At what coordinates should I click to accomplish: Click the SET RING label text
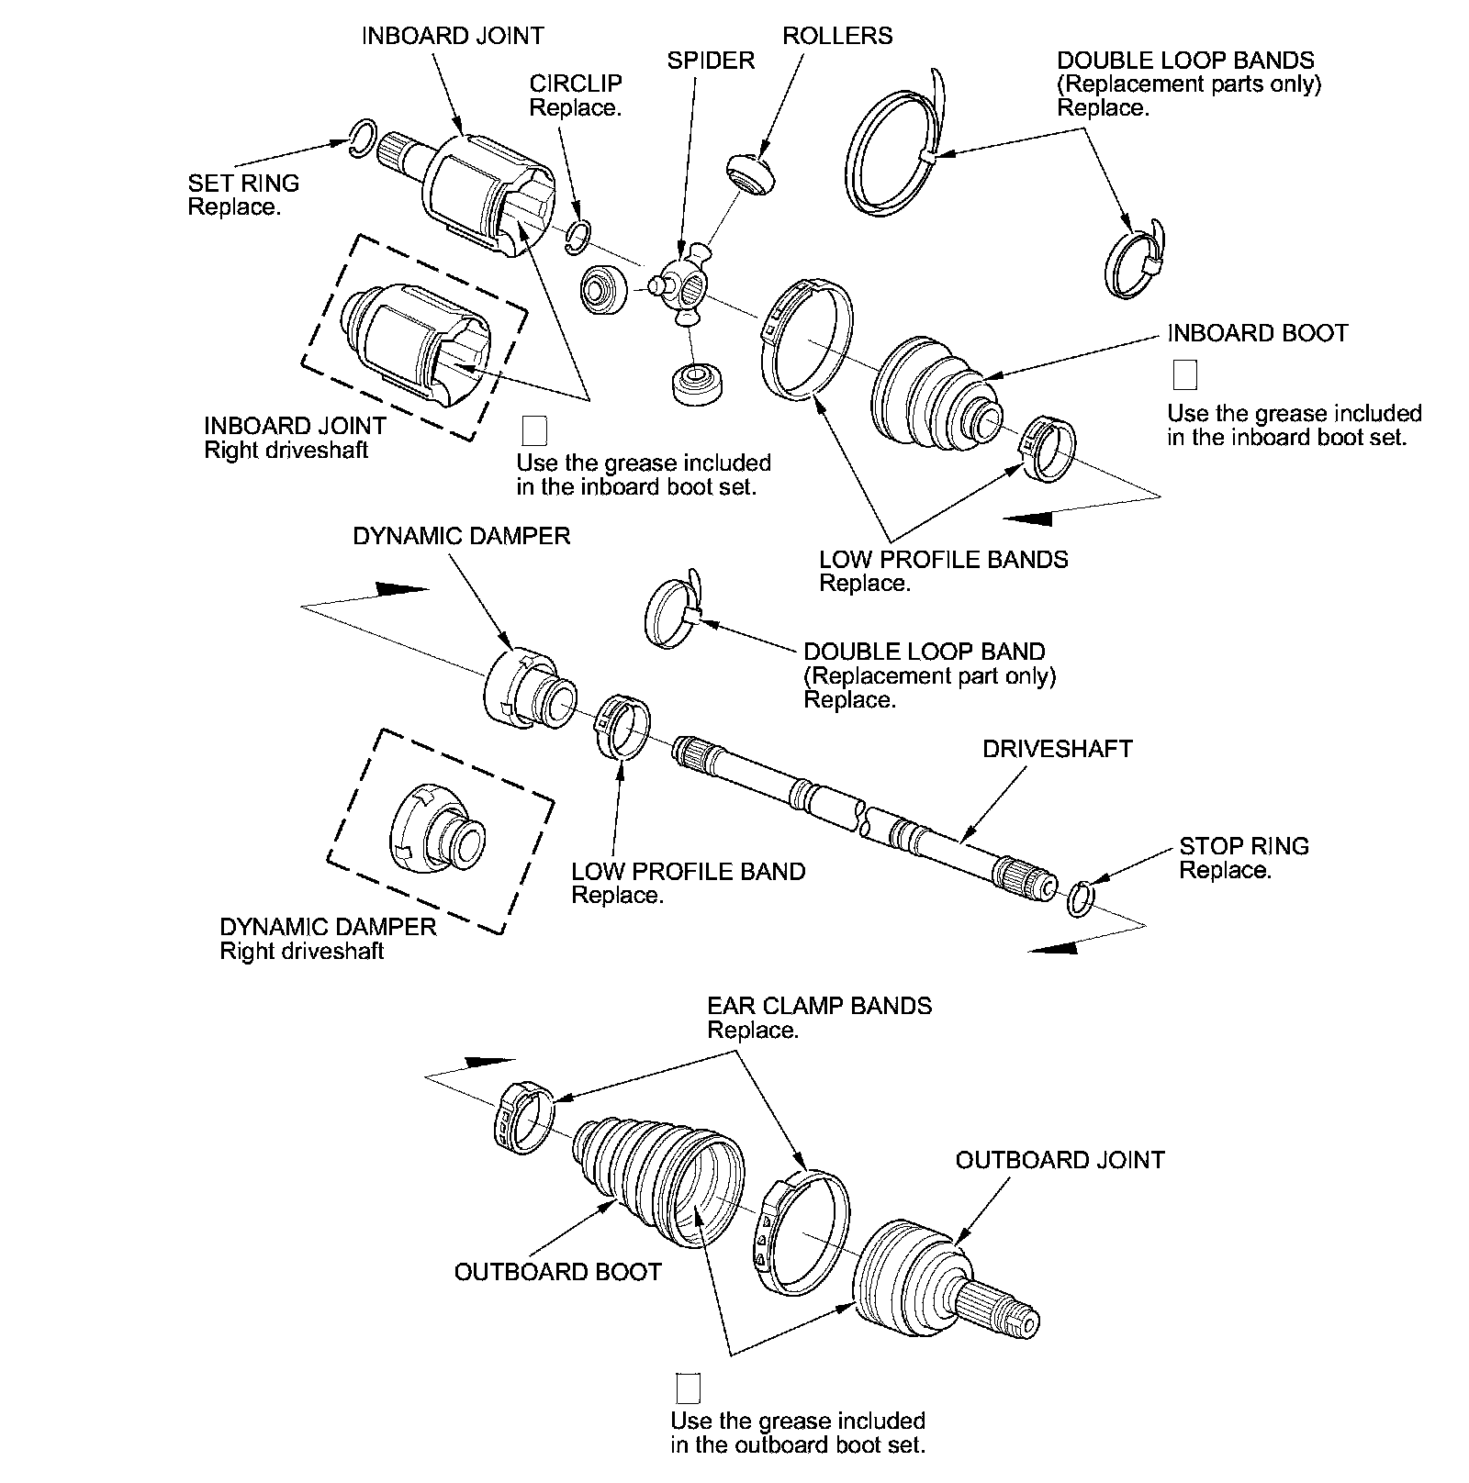(243, 184)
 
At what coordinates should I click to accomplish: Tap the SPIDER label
(711, 61)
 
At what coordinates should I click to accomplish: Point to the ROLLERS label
(837, 36)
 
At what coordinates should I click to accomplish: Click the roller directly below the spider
(700, 383)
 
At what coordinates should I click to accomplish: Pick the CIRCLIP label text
(576, 84)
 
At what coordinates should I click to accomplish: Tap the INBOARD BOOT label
(1258, 333)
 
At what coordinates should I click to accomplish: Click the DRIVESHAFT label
(1058, 749)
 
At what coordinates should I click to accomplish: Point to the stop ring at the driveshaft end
(1081, 898)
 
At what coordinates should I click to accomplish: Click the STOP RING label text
(1244, 846)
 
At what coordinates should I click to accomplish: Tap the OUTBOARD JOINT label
(1060, 1160)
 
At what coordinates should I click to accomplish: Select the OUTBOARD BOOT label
(558, 1272)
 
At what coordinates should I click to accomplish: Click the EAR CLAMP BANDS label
(819, 1006)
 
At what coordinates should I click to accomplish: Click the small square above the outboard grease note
(688, 1388)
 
